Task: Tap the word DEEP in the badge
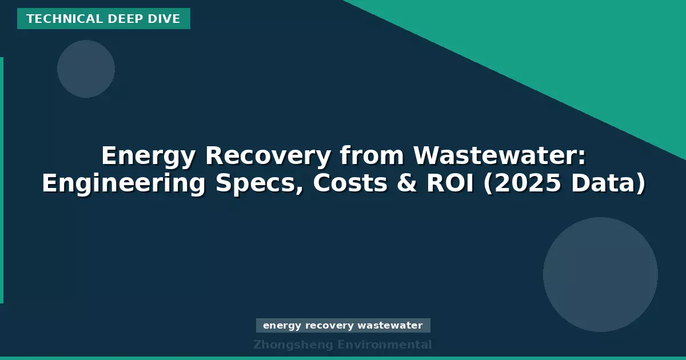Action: click(116, 19)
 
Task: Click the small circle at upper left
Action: click(86, 69)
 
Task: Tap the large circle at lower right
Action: click(600, 274)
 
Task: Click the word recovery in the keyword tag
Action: click(329, 326)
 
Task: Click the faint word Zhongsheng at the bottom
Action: click(293, 345)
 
